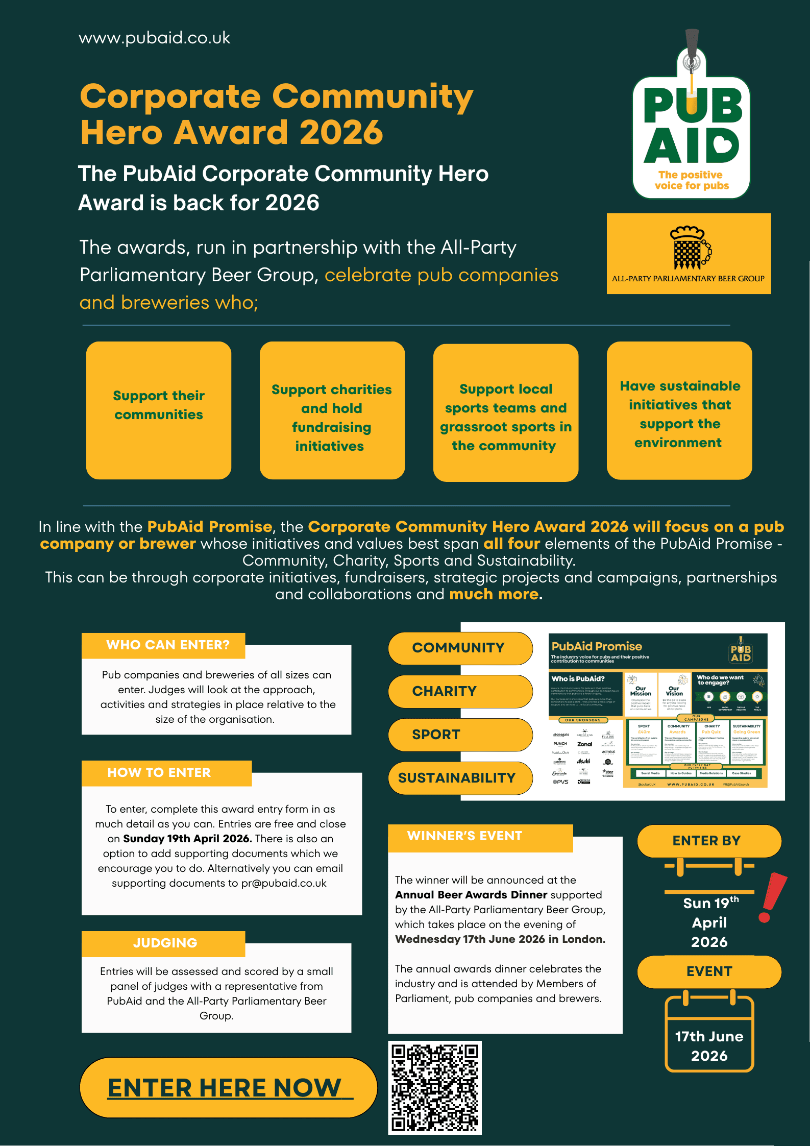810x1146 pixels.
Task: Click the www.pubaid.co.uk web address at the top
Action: (154, 38)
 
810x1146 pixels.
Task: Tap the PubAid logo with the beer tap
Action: (691, 123)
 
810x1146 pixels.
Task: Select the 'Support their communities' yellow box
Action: (159, 410)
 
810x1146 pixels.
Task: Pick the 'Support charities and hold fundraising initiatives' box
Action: (332, 410)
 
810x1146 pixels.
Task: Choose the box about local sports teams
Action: (505, 412)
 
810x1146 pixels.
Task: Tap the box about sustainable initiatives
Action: (679, 410)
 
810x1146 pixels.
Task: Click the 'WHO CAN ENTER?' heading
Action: (168, 645)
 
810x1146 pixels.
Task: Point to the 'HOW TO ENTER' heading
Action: (159, 773)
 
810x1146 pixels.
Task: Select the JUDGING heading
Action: (165, 943)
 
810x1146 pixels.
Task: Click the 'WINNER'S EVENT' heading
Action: (464, 836)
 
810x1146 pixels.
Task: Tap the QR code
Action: (434, 1087)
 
